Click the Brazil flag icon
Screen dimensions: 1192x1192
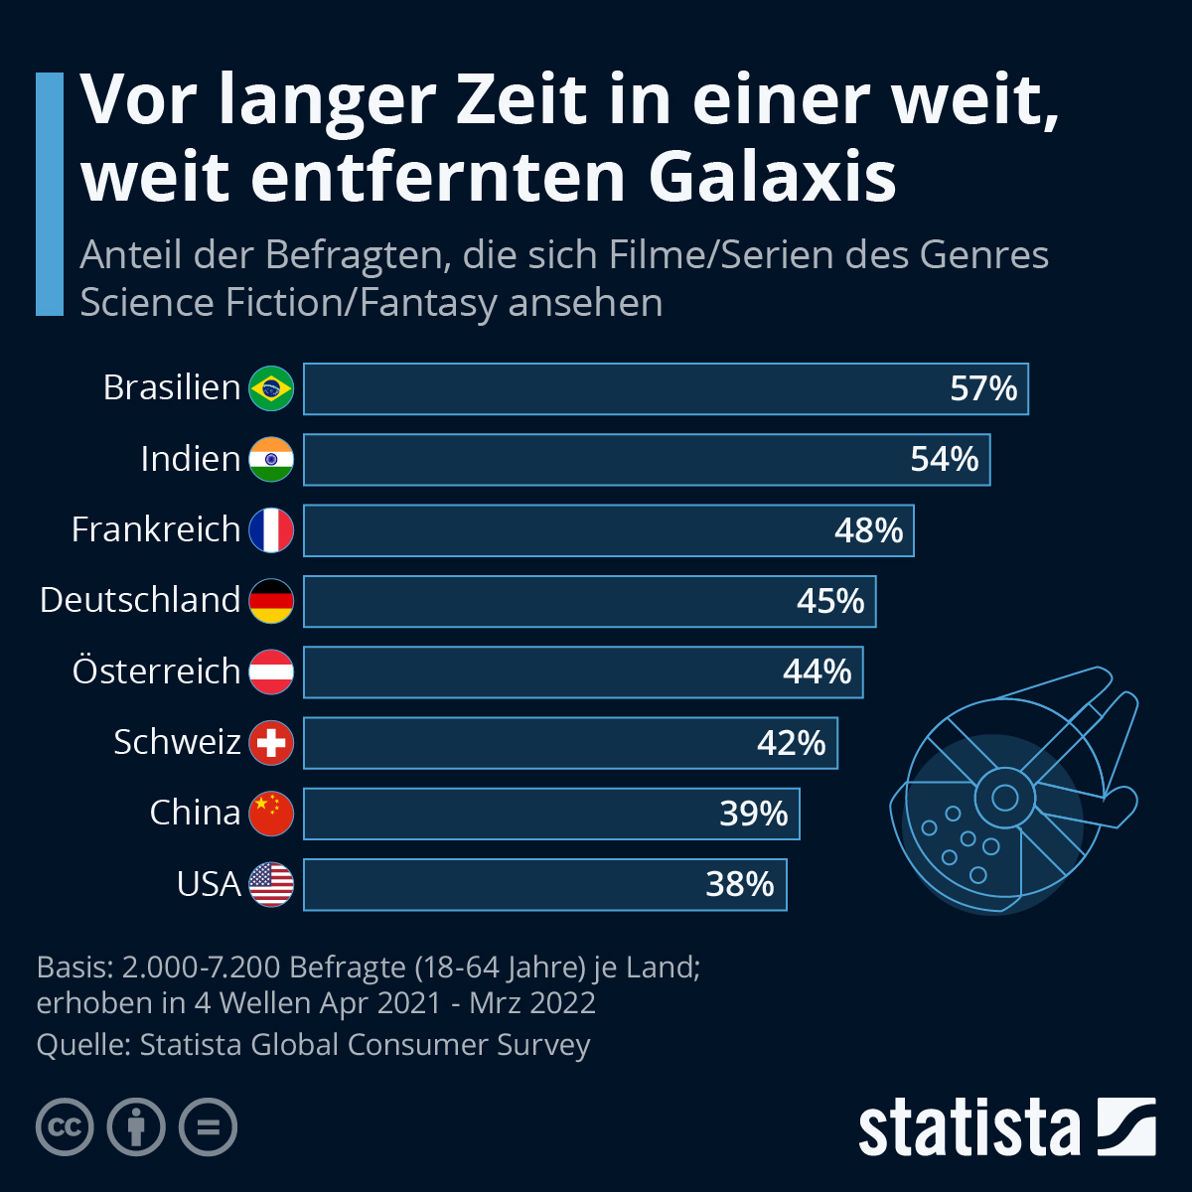click(271, 388)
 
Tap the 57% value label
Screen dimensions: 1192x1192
click(983, 388)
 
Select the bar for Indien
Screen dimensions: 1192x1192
click(646, 459)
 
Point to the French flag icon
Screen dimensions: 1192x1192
click(271, 529)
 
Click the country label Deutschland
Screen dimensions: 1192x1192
click(140, 600)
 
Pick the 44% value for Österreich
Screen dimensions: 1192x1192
click(817, 671)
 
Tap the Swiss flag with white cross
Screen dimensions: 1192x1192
click(271, 742)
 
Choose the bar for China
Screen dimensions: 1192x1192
click(551, 814)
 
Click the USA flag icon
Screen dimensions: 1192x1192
click(271, 884)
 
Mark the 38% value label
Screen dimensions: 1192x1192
click(739, 884)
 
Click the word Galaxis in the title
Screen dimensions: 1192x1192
click(773, 177)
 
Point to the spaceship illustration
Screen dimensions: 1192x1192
click(1013, 790)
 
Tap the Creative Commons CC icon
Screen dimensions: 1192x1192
click(65, 1127)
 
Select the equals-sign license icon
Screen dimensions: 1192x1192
click(208, 1127)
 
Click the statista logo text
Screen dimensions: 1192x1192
click(968, 1127)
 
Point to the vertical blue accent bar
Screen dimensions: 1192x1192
click(49, 194)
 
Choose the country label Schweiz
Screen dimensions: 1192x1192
click(177, 742)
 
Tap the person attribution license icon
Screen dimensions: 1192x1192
click(136, 1127)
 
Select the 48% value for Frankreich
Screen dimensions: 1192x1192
click(868, 529)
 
